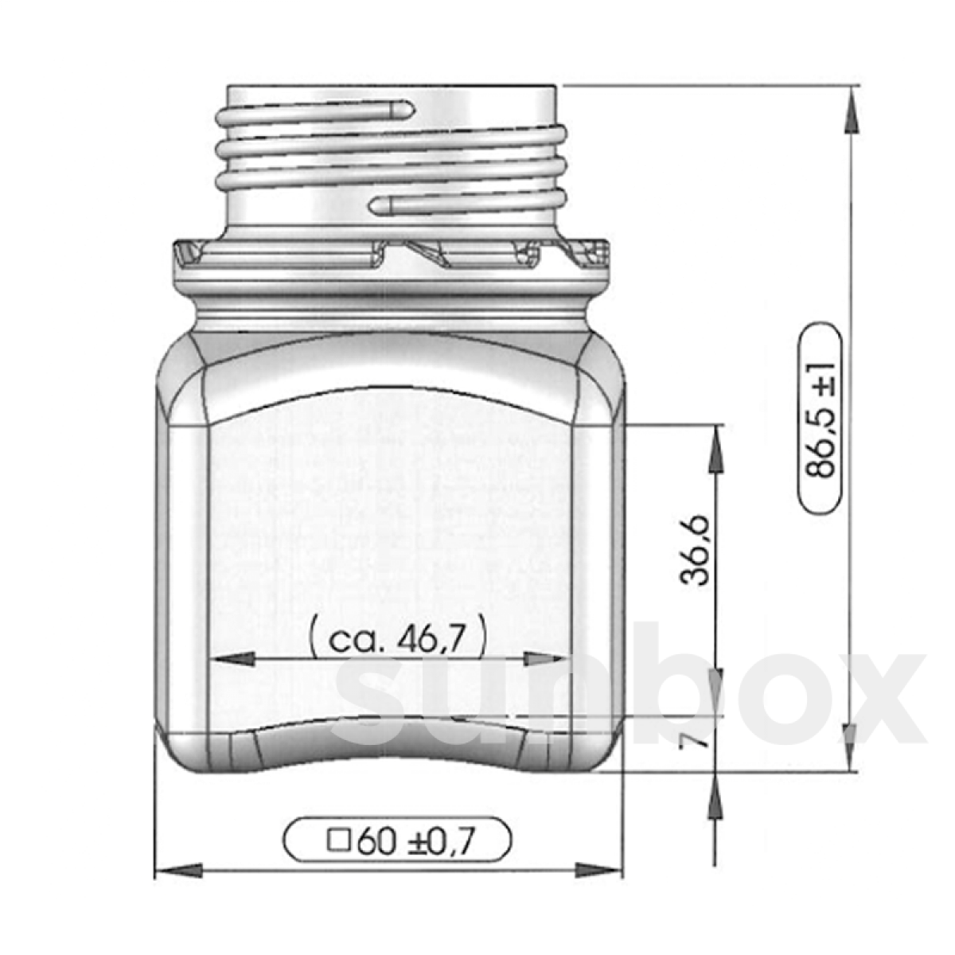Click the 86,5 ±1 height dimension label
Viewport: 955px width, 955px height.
[x=821, y=419]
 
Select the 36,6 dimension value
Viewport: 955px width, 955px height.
[x=695, y=551]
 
